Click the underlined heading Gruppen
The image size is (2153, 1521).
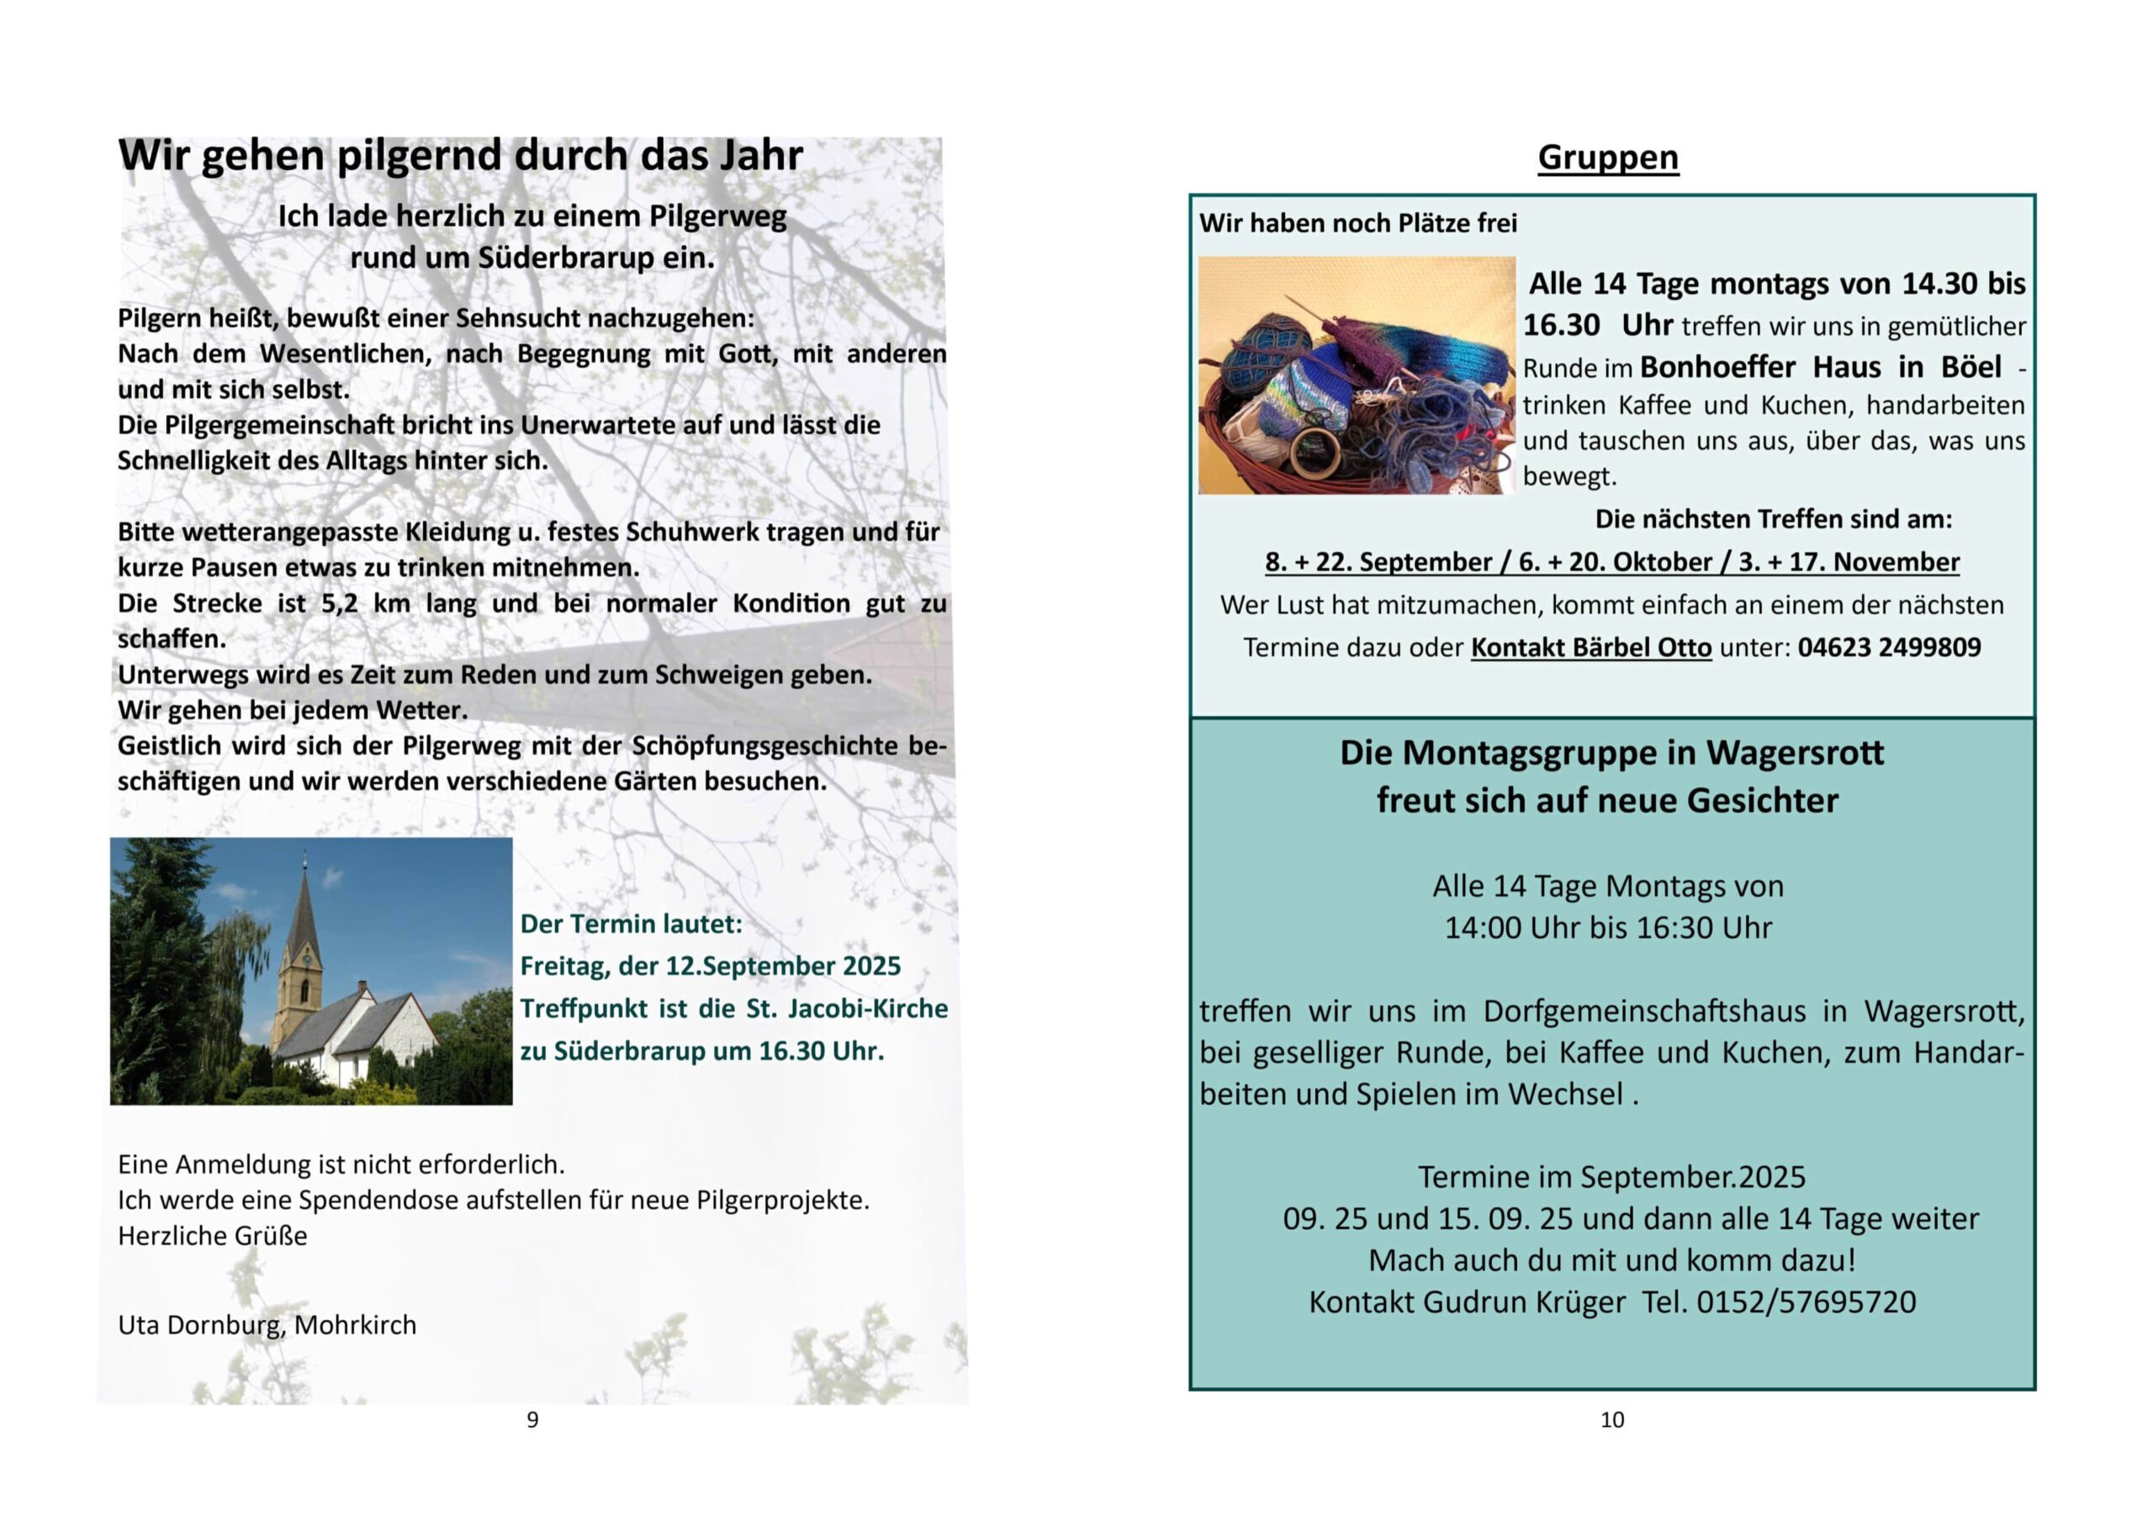pyautogui.click(x=1607, y=157)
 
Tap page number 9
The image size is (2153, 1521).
pyautogui.click(x=532, y=1420)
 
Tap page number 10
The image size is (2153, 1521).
pyautogui.click(x=1611, y=1420)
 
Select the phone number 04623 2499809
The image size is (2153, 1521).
pyautogui.click(x=1889, y=647)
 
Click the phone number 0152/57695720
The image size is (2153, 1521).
pyautogui.click(x=1806, y=1302)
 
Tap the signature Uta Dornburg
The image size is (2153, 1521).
pyautogui.click(x=201, y=1325)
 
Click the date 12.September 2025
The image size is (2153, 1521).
pyautogui.click(x=783, y=966)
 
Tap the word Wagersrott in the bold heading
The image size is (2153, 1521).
pyautogui.click(x=1794, y=753)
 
